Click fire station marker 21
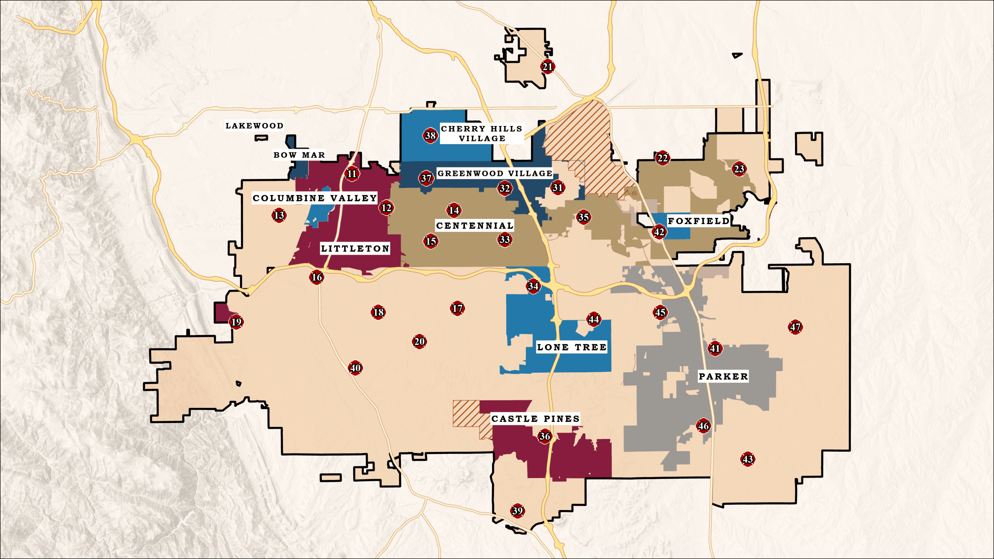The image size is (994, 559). click(547, 67)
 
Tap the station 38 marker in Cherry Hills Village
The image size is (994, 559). click(430, 135)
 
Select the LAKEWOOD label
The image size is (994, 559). click(254, 126)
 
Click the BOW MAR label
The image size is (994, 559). click(299, 155)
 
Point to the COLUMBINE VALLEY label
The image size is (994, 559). click(315, 198)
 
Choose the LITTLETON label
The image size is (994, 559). click(355, 248)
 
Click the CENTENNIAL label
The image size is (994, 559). click(474, 225)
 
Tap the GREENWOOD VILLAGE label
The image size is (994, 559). click(495, 173)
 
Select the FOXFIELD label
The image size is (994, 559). click(698, 221)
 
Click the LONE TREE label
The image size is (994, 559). click(572, 347)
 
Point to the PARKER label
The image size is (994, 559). click(723, 376)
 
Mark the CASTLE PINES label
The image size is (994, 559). click(535, 418)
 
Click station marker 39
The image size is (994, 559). click(517, 511)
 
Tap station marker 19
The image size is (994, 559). click(236, 322)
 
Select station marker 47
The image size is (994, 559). click(795, 327)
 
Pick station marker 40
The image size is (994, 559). click(355, 368)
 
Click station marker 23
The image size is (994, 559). click(739, 169)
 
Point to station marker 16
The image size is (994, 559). click(317, 277)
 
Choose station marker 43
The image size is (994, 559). click(747, 459)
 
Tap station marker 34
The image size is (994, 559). click(533, 286)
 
